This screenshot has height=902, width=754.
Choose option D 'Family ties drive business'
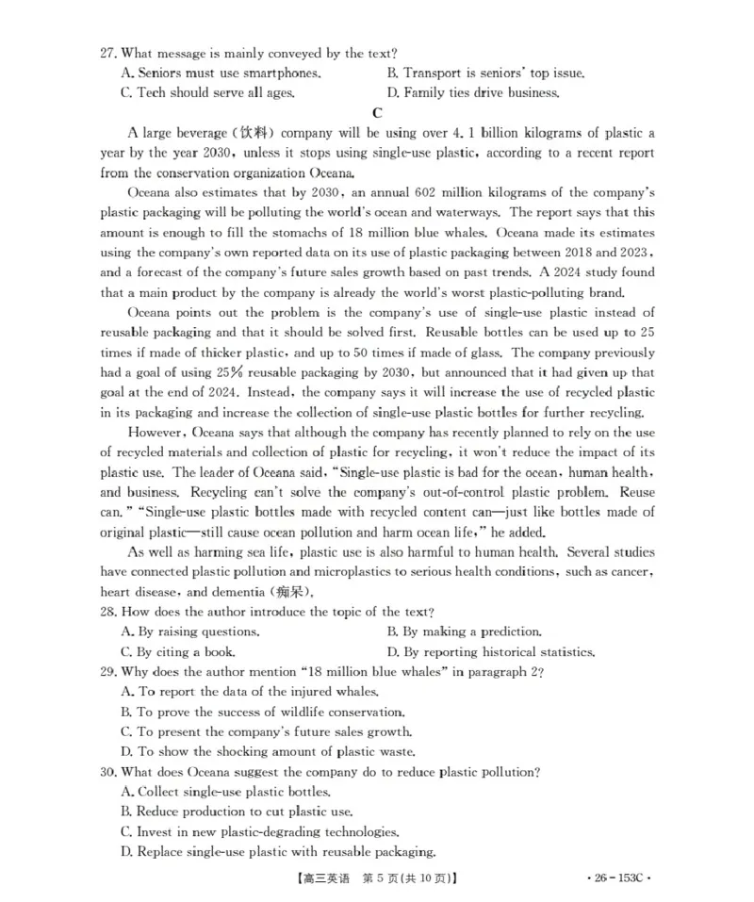472,92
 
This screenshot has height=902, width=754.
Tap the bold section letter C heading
376,112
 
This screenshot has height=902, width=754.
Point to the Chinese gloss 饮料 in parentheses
246,133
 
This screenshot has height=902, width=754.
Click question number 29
109,672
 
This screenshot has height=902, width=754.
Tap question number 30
109,771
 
